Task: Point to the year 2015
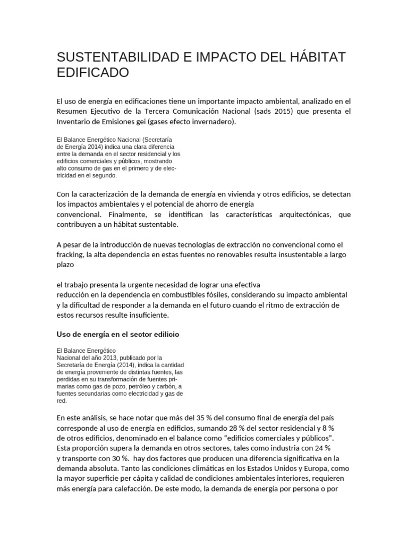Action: tap(286, 111)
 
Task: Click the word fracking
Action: tap(71, 254)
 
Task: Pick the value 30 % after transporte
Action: tap(118, 457)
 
